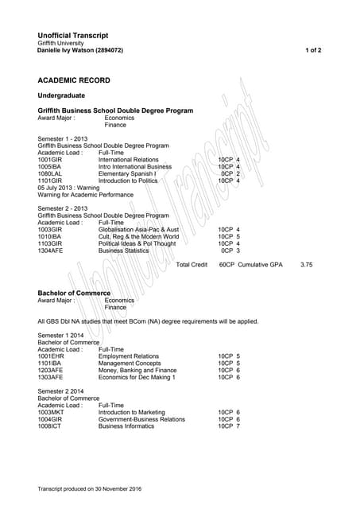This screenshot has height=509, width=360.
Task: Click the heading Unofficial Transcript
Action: (x=73, y=35)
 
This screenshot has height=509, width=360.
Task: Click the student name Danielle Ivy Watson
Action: (x=70, y=50)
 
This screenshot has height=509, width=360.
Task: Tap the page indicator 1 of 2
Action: (x=313, y=50)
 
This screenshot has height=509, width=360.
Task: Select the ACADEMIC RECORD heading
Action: (x=74, y=80)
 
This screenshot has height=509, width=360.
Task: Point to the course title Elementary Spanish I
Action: (x=127, y=173)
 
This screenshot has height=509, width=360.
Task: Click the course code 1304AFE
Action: (x=50, y=251)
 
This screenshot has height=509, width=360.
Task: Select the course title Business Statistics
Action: (x=123, y=251)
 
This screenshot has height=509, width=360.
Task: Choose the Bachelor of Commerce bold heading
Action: (x=74, y=293)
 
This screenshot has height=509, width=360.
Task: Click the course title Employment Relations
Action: (x=129, y=356)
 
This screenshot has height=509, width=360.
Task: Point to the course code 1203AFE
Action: (x=50, y=370)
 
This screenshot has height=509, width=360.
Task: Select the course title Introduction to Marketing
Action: (x=131, y=413)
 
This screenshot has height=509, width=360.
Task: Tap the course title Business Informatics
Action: (x=126, y=426)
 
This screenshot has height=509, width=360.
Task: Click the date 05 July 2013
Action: (x=56, y=187)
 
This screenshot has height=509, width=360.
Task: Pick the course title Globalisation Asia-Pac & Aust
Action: (x=138, y=230)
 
